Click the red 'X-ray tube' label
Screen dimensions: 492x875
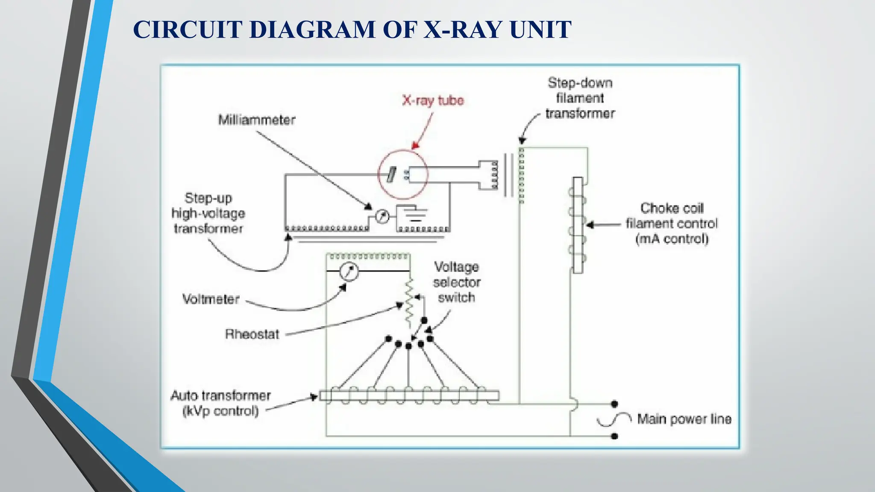[433, 100]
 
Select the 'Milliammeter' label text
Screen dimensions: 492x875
[257, 120]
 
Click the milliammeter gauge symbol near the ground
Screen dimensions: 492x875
[382, 217]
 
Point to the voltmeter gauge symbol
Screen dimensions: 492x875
[349, 271]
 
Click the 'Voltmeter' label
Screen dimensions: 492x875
[211, 299]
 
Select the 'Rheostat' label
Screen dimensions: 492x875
[252, 334]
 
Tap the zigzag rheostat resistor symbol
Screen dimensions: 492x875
[409, 301]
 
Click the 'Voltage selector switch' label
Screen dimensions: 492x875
[456, 282]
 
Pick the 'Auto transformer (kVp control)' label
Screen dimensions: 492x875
[220, 403]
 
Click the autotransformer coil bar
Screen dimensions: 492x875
[409, 395]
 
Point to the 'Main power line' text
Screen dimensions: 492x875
[684, 419]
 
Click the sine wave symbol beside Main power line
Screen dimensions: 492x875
[614, 420]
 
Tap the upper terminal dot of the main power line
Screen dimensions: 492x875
[614, 404]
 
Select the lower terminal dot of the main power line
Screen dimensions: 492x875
[614, 436]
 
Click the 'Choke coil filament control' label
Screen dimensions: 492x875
[672, 223]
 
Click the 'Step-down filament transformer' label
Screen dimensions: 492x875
[580, 98]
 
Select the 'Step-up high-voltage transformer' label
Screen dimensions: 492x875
[208, 214]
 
